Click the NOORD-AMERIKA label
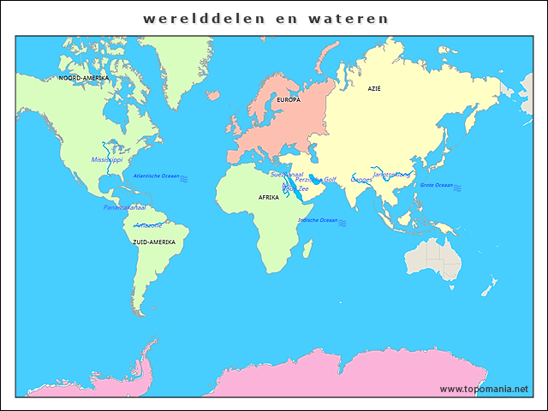tap(83, 78)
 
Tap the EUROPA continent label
tap(289, 100)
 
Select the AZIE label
tap(374, 88)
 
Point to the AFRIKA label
tap(269, 198)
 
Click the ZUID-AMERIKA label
tap(154, 242)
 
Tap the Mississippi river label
tap(107, 159)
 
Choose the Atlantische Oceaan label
tap(156, 176)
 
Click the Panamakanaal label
tap(125, 207)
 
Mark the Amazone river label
tap(148, 225)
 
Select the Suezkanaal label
tap(287, 174)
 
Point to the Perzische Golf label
tap(316, 180)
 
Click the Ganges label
tap(361, 180)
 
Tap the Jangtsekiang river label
tap(392, 175)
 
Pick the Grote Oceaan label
tap(437, 185)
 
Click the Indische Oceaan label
tap(318, 220)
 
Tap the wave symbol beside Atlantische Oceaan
tap(184, 176)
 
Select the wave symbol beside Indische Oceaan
tap(342, 222)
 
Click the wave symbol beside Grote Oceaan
tap(458, 187)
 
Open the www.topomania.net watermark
tap(484, 389)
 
